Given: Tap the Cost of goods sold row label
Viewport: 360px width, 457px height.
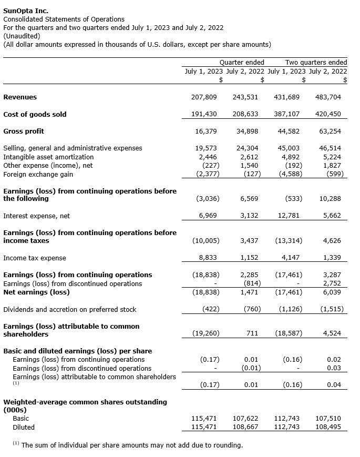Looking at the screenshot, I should pyautogui.click(x=35, y=114).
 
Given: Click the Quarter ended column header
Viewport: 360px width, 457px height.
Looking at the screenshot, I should pyautogui.click(x=242, y=63).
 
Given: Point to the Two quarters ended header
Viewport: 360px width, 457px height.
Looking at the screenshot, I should pyautogui.click(x=316, y=63).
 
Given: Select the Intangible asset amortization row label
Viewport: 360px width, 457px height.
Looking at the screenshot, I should pyautogui.click(x=48, y=157).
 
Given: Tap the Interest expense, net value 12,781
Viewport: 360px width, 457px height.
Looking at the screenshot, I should pyautogui.click(x=290, y=216).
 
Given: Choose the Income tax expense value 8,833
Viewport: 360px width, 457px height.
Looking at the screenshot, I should pyautogui.click(x=206, y=258).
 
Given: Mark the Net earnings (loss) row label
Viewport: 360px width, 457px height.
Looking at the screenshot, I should pyautogui.click(x=36, y=292).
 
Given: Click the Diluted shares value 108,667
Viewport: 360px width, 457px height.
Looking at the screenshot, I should pyautogui.click(x=245, y=427).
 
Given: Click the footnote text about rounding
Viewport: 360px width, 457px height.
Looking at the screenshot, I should pyautogui.click(x=131, y=445).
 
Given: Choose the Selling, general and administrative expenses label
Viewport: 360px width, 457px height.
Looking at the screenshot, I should pyautogui.click(x=73, y=148).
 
